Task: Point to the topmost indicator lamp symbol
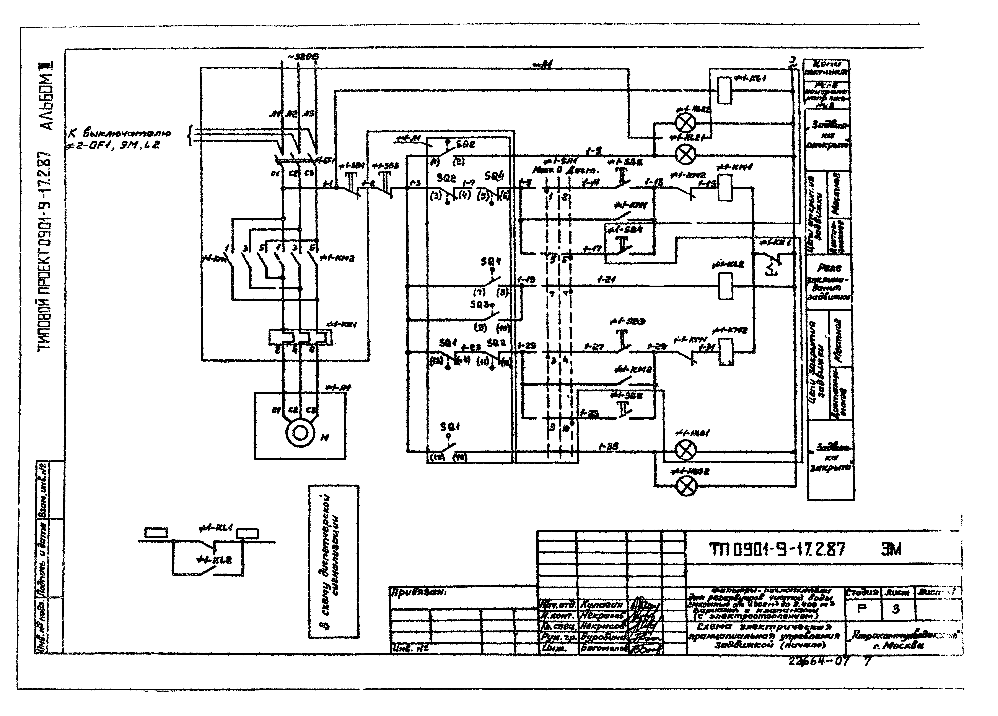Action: click(x=685, y=123)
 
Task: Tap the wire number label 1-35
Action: click(x=609, y=446)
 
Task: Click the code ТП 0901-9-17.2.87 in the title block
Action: click(x=777, y=550)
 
